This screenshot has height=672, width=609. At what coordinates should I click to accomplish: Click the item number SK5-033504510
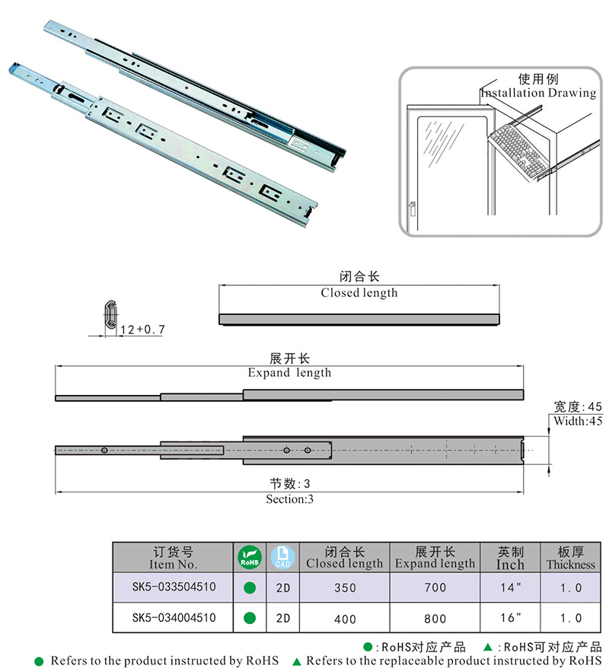click(x=173, y=588)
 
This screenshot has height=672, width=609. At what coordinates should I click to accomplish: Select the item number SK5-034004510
click(x=173, y=618)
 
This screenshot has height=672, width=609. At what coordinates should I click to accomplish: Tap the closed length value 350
click(x=344, y=588)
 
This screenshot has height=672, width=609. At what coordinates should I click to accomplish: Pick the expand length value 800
click(x=435, y=619)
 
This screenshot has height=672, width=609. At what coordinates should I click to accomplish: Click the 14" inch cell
click(x=509, y=588)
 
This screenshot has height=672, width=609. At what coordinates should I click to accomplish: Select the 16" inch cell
click(x=509, y=619)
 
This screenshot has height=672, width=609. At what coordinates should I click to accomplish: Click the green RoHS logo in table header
click(x=249, y=558)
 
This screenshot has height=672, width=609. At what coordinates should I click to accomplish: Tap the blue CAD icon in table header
click(x=282, y=558)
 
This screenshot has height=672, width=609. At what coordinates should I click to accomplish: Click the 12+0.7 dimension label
click(x=142, y=330)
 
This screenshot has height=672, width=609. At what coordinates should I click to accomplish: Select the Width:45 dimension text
click(x=578, y=421)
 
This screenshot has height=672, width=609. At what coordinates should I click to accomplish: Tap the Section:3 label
click(x=289, y=499)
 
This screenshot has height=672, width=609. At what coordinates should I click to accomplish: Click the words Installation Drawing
click(x=538, y=93)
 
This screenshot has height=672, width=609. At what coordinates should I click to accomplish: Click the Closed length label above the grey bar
click(x=359, y=292)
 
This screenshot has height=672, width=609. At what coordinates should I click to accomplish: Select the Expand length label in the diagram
click(x=289, y=373)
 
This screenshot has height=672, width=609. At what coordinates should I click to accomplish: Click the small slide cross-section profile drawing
click(x=110, y=316)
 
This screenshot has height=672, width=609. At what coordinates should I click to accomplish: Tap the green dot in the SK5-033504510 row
click(x=249, y=588)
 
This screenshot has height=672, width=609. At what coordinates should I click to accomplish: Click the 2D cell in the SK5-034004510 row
click(x=282, y=619)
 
